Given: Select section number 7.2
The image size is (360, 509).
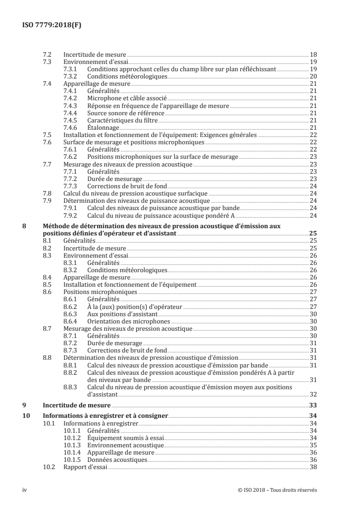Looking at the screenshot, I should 47,54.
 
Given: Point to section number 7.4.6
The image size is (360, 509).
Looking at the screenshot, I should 71,128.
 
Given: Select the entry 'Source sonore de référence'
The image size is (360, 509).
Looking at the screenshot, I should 121,113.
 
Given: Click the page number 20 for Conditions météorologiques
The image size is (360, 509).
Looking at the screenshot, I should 313,76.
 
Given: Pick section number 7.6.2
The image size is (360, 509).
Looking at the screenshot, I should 71,157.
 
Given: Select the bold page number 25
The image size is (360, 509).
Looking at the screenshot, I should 313,233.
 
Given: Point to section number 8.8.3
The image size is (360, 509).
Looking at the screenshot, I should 71,387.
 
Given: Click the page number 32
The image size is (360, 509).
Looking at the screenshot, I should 313,395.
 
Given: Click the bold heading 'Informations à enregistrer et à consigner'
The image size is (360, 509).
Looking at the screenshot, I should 105,416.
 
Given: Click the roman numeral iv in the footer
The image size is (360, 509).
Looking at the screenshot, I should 25,490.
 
